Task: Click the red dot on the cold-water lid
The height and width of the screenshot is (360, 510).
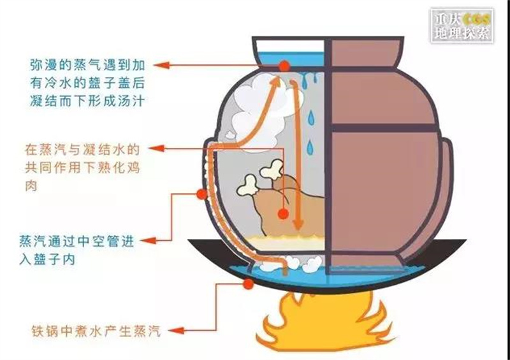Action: coord(284,66)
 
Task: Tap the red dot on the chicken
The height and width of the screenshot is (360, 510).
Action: coord(283,213)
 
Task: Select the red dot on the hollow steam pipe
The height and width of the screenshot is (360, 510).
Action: coord(201,194)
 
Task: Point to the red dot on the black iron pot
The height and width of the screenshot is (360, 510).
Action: coord(249,284)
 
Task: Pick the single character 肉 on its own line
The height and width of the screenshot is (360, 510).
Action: coord(31,185)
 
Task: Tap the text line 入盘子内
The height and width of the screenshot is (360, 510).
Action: coord(47,259)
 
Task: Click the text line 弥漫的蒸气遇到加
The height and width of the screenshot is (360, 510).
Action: coord(87,66)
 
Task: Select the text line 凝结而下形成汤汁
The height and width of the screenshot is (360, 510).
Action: coord(87,101)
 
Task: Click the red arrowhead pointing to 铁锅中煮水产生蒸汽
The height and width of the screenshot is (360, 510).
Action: coord(176,331)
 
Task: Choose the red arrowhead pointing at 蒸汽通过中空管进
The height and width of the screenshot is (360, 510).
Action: coord(149,241)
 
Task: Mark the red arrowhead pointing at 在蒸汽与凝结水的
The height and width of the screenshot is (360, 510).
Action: coord(156,148)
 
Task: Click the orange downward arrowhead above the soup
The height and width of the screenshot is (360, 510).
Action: coord(298,224)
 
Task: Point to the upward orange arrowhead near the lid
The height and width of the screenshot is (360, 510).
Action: coord(276,82)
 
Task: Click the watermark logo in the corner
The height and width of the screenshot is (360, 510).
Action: coord(462,25)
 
